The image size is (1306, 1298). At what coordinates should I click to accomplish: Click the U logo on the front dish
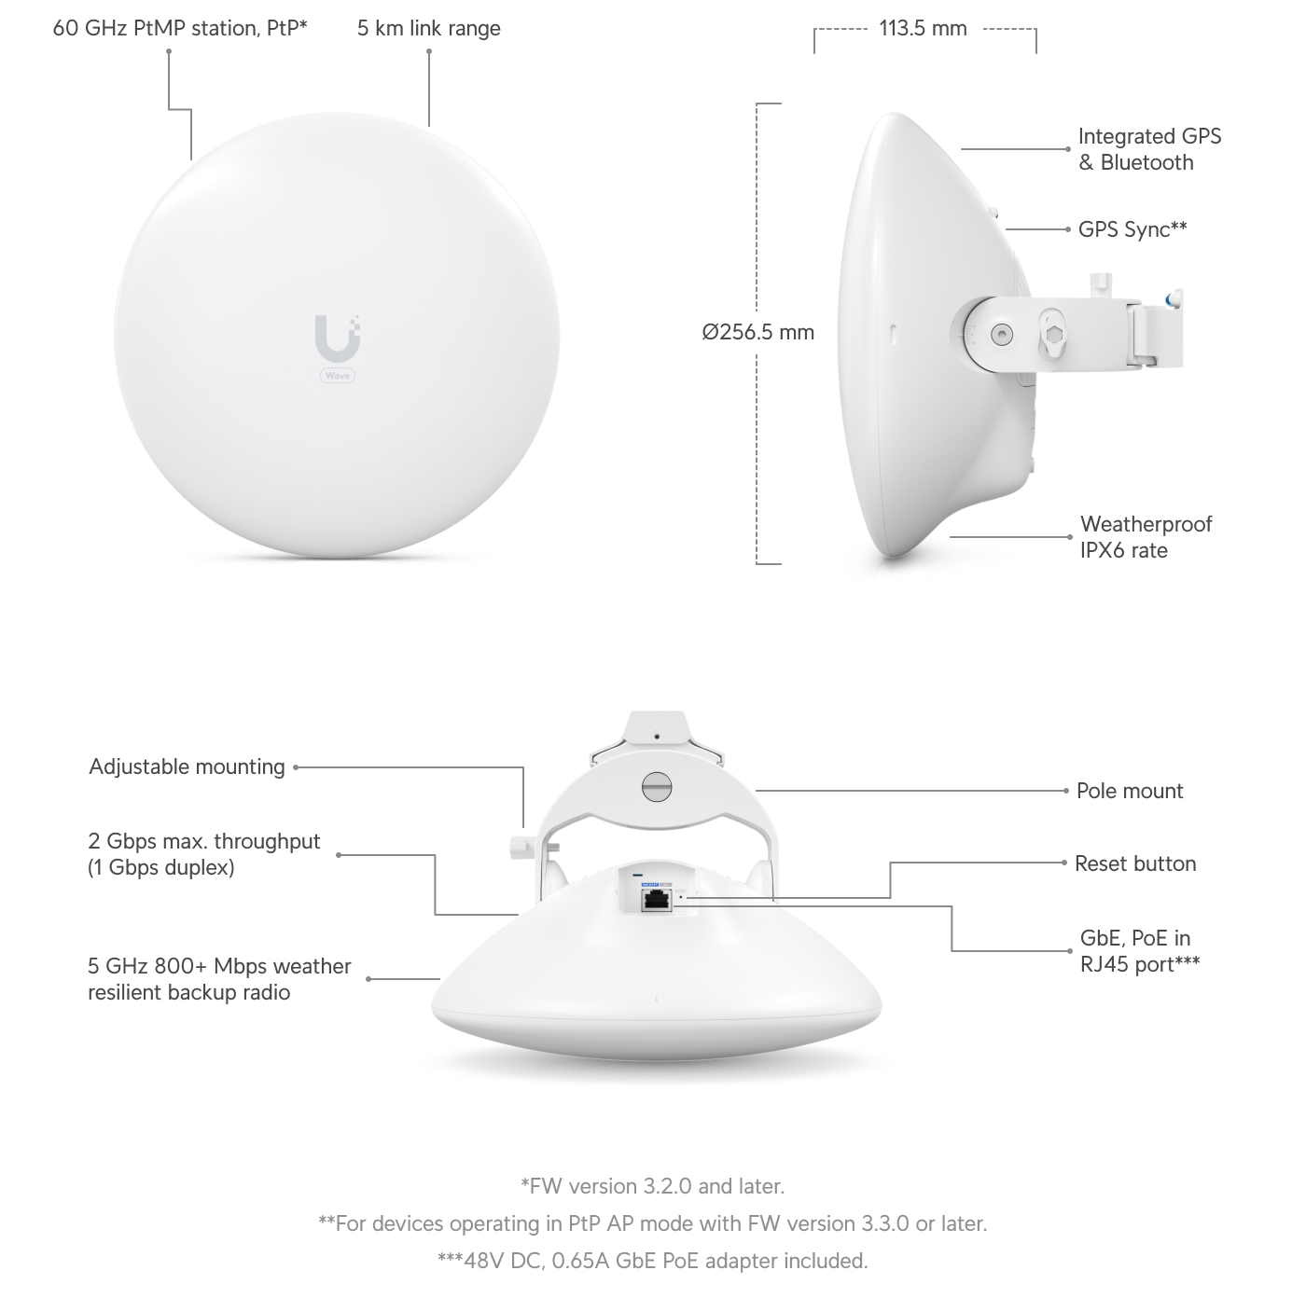click(x=337, y=338)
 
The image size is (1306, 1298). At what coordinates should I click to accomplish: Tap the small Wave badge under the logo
click(x=337, y=375)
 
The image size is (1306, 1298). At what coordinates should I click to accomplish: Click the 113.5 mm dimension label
click(x=923, y=28)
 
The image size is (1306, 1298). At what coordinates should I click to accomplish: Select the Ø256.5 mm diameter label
click(x=758, y=332)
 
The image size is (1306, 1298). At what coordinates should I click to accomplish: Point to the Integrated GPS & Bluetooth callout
click(x=1148, y=149)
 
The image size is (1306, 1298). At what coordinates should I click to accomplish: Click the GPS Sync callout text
click(x=1132, y=229)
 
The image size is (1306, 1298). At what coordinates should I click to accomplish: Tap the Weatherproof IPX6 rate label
click(x=1146, y=537)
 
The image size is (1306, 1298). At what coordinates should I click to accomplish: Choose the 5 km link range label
click(x=428, y=28)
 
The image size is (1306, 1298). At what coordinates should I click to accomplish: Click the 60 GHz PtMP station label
click(x=180, y=28)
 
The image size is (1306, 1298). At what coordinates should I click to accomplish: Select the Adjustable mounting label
click(x=187, y=766)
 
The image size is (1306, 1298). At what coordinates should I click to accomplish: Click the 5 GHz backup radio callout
click(x=219, y=979)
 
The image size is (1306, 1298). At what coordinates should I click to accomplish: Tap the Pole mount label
click(x=1129, y=791)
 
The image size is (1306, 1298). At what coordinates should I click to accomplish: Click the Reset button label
click(x=1134, y=863)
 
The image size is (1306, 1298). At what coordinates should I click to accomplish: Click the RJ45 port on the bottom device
click(x=657, y=899)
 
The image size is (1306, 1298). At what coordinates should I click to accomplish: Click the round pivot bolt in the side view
click(x=1001, y=332)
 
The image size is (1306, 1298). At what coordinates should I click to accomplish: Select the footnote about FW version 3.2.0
click(x=652, y=1186)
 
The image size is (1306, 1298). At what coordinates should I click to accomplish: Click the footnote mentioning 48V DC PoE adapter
click(x=652, y=1261)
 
